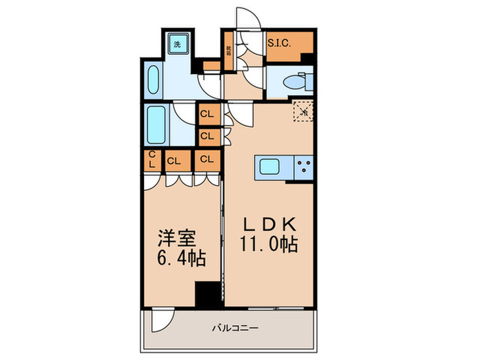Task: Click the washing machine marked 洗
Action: pyautogui.click(x=177, y=45)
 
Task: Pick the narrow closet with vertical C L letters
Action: pyautogui.click(x=152, y=160)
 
